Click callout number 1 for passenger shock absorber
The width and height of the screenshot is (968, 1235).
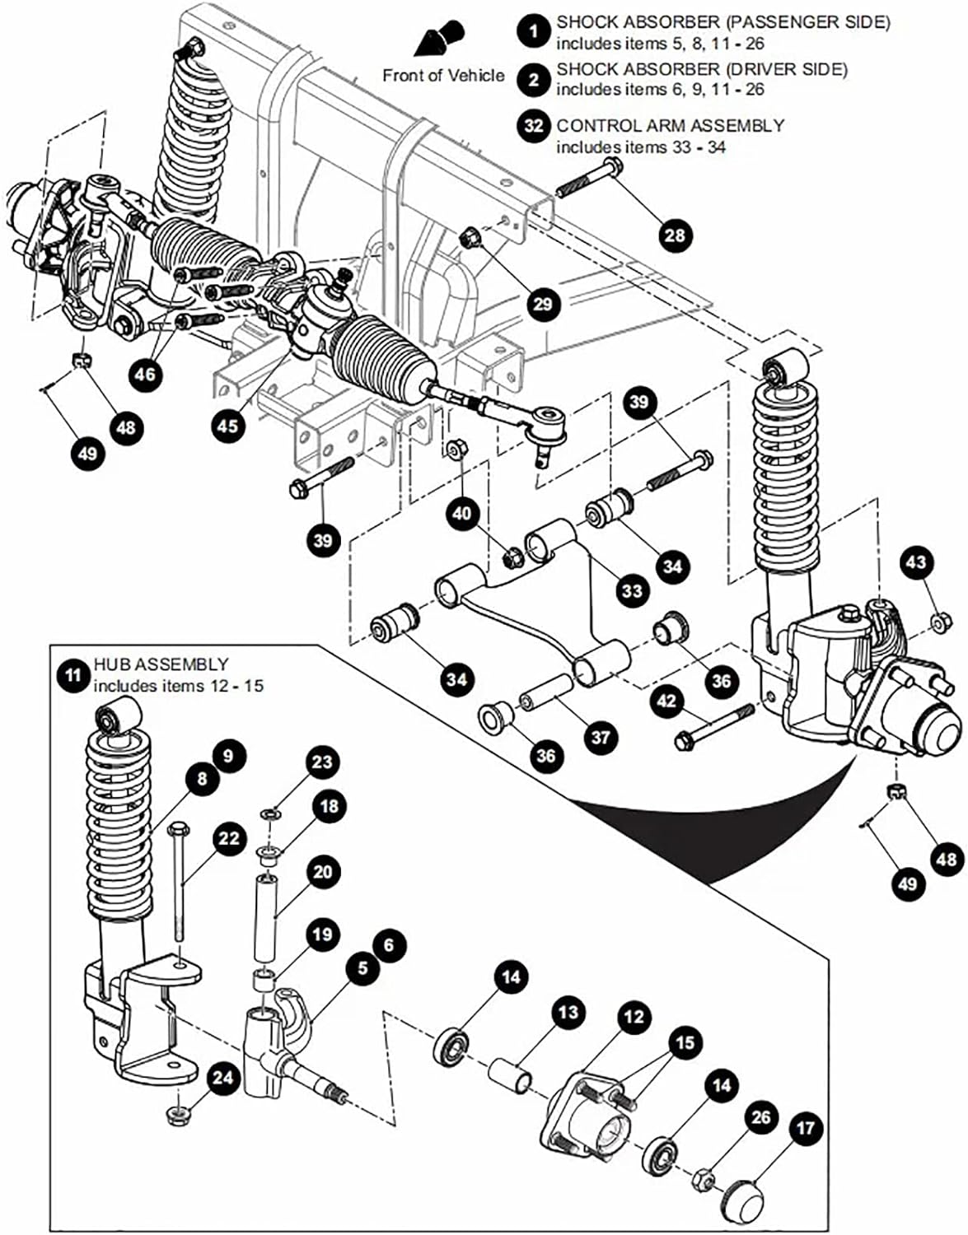(534, 32)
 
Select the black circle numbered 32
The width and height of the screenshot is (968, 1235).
(534, 125)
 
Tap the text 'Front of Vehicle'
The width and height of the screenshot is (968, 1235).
(443, 76)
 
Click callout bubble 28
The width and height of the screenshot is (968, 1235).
(675, 235)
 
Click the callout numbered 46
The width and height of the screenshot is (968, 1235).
(145, 374)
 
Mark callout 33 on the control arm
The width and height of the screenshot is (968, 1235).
(632, 590)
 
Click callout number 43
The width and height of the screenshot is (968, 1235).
(916, 562)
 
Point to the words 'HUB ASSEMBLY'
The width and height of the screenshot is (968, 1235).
(161, 664)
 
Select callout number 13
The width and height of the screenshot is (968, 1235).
(568, 1012)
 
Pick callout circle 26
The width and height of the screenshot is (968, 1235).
(760, 1116)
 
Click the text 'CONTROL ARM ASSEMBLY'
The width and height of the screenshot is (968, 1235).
(670, 125)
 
